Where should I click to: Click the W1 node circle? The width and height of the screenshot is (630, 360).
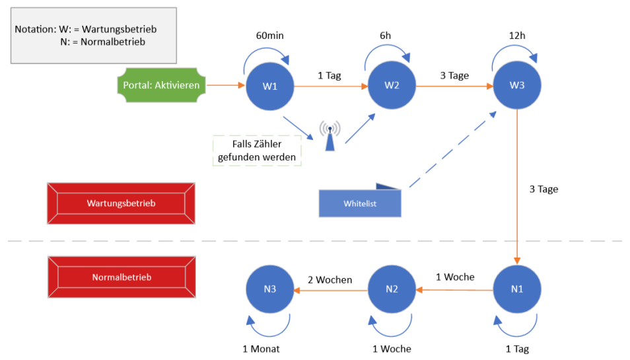click(x=269, y=86)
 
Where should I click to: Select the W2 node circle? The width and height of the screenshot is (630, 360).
click(x=392, y=86)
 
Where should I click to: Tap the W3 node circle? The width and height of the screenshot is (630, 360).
click(x=516, y=86)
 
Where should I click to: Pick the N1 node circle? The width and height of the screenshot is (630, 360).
click(x=516, y=289)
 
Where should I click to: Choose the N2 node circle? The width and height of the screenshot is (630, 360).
click(x=392, y=289)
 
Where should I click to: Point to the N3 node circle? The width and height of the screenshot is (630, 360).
click(x=269, y=289)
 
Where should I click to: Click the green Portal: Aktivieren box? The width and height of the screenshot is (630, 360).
click(x=160, y=85)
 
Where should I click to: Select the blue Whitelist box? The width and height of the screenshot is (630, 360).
click(x=360, y=203)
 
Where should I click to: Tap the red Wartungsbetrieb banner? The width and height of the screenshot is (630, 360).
click(x=121, y=203)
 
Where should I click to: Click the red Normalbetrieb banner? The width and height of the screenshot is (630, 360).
click(x=121, y=277)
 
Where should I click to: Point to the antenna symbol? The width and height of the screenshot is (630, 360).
click(x=330, y=135)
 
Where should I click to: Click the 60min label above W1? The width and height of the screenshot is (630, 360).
click(x=269, y=35)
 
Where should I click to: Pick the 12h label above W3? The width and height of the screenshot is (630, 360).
click(x=516, y=35)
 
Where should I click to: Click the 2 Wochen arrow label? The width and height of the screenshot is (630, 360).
click(x=330, y=279)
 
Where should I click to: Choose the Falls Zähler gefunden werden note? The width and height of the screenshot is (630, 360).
click(x=257, y=151)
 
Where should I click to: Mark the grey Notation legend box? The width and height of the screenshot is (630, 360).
click(x=93, y=36)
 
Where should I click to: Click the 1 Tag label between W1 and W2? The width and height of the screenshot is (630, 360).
click(x=329, y=75)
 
